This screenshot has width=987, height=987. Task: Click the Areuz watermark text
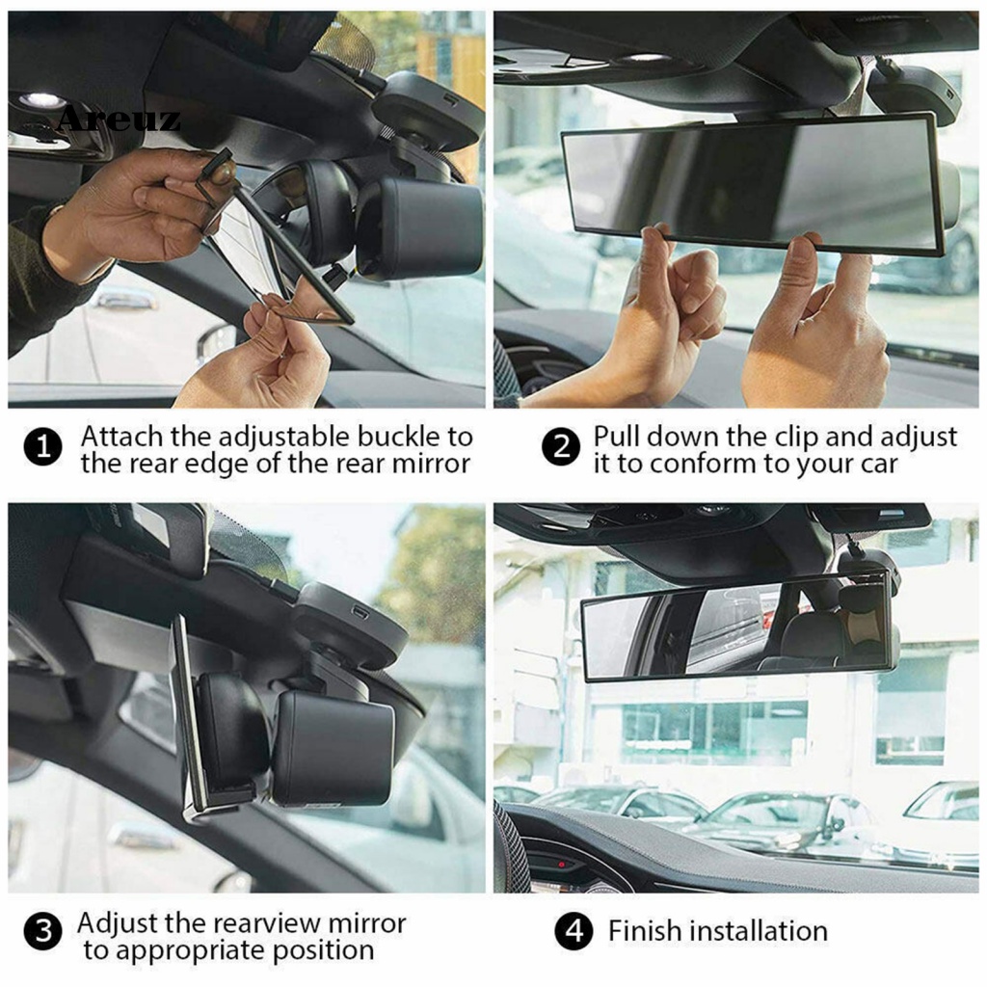pyautogui.click(x=118, y=120)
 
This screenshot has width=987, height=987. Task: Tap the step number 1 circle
pyautogui.click(x=42, y=449)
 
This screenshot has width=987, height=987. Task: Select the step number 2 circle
pyautogui.click(x=561, y=449)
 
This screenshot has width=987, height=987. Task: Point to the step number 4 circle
pyautogui.click(x=574, y=932)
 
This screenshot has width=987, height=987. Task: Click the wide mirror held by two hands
pyautogui.click(x=752, y=183)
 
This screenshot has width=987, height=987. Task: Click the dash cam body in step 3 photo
pyautogui.click(x=333, y=747)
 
